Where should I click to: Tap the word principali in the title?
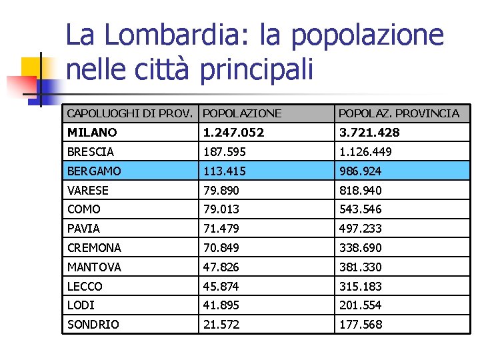[255, 68]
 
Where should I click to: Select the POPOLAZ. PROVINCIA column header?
[399, 113]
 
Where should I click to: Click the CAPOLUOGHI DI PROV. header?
[131, 113]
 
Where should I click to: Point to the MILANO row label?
[92, 133]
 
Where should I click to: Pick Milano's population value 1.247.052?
[233, 133]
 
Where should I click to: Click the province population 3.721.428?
[369, 133]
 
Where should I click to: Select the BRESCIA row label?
[91, 152]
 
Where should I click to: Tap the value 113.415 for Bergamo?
[225, 171]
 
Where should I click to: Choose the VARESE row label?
[88, 191]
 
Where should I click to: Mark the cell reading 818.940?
[360, 191]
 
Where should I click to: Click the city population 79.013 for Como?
[221, 209]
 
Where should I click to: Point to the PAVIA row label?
[83, 229]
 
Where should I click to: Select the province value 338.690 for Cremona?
[360, 248]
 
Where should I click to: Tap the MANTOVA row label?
[94, 267]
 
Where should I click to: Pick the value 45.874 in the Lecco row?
[221, 287]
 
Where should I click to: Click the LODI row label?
[81, 305]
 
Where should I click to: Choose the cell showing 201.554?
[360, 305]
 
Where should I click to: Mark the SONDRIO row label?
[93, 325]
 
